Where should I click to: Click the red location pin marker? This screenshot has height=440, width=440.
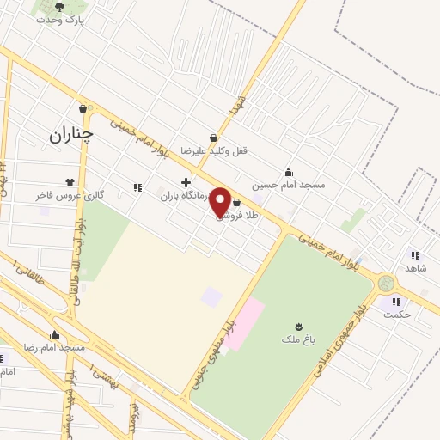coord(220,201)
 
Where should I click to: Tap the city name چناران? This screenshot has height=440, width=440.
coord(70,134)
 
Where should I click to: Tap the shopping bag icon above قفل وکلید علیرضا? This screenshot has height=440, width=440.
coord(213,137)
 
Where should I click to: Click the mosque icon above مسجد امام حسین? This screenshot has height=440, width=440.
coord(287,172)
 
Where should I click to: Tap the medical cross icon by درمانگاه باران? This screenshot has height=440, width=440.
coord(186,182)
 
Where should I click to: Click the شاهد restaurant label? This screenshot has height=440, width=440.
coord(416,268)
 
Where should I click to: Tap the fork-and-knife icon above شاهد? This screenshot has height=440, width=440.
coord(415,255)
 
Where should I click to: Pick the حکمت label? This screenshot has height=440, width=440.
coord(399,314)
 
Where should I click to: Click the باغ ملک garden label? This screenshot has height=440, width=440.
coord(298,339)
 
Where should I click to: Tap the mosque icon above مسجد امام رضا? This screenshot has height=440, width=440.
coord(55,335)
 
